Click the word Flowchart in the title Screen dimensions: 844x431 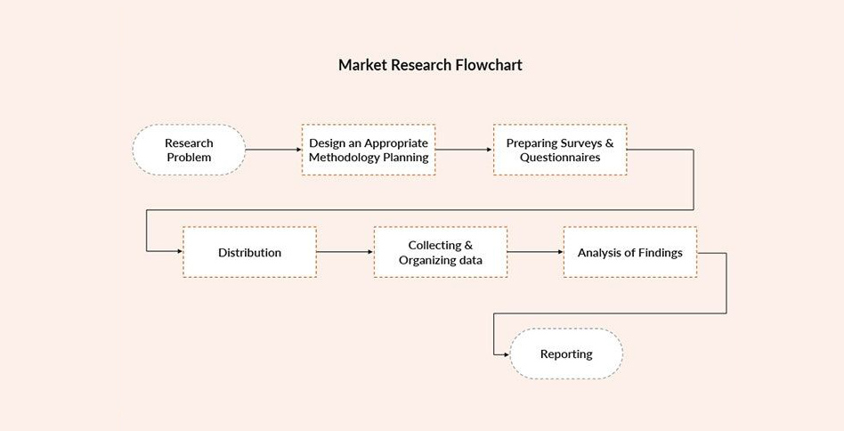click(489, 65)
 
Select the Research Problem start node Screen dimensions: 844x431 click(189, 150)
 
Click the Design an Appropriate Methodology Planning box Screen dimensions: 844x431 click(369, 150)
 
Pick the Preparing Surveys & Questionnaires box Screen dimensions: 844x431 click(560, 150)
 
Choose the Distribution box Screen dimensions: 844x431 click(250, 252)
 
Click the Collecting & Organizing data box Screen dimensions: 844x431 click(441, 252)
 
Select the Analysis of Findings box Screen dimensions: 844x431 click(630, 252)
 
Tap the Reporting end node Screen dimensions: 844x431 click(566, 354)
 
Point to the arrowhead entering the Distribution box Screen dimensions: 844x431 click(180, 251)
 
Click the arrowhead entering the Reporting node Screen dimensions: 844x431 click(506, 354)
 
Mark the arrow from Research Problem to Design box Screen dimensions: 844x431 click(273, 150)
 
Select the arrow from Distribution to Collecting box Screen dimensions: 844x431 click(345, 252)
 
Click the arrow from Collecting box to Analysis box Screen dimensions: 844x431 click(536, 252)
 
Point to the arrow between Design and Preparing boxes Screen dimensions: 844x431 click(464, 150)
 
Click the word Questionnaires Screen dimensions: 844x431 click(560, 158)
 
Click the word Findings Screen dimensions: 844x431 click(661, 252)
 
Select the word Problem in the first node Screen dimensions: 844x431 click(189, 158)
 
